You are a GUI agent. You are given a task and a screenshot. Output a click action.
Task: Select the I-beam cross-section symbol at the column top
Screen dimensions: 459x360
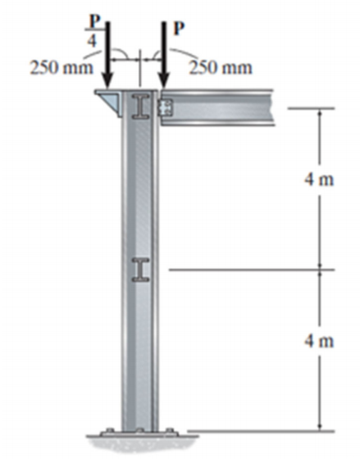coord(140,107)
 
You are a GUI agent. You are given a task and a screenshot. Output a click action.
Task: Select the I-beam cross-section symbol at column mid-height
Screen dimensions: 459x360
coord(141,270)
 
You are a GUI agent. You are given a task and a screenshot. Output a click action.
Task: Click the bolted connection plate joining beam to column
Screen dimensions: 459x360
coord(166,107)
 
